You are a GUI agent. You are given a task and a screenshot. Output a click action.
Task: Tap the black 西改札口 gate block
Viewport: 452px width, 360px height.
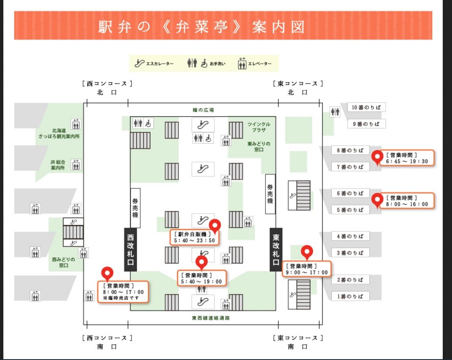click(x=131, y=250)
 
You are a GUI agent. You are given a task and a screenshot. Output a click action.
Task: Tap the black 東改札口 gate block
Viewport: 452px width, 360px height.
click(x=275, y=250)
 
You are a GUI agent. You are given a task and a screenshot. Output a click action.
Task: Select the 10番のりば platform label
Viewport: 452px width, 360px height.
click(x=366, y=107)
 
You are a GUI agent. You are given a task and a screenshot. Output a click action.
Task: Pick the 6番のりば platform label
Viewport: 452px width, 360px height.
click(x=350, y=193)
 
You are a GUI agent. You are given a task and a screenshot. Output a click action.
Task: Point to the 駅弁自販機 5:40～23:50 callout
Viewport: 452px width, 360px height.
click(x=195, y=237)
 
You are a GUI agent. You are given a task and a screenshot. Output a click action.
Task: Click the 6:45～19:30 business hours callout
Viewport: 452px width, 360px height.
click(x=407, y=158)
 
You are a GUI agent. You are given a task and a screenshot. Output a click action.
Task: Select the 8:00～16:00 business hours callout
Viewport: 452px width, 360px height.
click(x=407, y=201)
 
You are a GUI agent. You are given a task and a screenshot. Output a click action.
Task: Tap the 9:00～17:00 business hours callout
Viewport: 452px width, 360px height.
click(x=307, y=269)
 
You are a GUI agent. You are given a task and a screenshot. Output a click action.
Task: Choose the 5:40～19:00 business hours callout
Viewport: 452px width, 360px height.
click(x=202, y=278)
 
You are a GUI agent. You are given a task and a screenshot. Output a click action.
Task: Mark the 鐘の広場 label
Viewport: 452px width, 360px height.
click(x=203, y=110)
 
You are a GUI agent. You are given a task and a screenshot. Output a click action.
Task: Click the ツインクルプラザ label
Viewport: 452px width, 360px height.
click(x=259, y=127)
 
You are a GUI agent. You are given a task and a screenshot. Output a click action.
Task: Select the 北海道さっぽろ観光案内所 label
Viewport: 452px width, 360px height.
click(x=59, y=133)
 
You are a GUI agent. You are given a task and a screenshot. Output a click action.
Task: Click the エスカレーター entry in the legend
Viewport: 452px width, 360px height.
click(x=154, y=64)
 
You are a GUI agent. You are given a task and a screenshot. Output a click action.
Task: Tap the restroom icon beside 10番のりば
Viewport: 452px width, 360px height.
click(x=335, y=112)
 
